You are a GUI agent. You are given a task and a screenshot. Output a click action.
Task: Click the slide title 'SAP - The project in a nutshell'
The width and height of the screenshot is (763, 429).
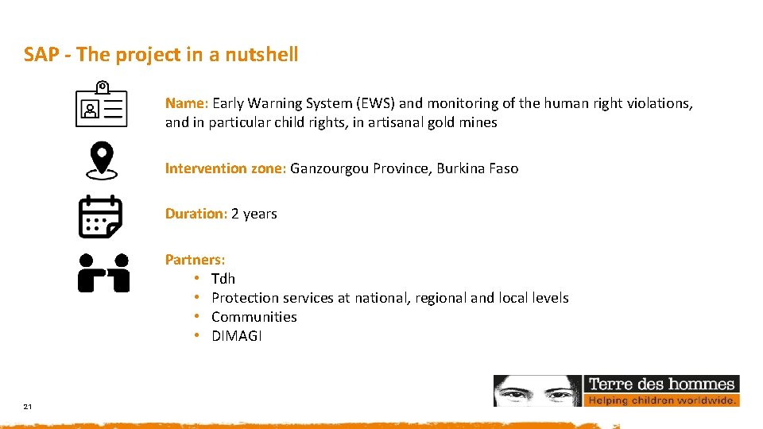(x=161, y=54)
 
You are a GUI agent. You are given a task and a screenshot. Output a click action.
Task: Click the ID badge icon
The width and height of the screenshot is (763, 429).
(x=101, y=105)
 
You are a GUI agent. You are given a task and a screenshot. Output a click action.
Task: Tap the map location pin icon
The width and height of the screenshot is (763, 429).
(x=101, y=160)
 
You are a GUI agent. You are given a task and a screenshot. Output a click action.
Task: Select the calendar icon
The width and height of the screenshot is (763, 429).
(x=100, y=216)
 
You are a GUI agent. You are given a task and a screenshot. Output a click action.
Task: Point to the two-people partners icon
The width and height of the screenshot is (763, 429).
(x=103, y=272)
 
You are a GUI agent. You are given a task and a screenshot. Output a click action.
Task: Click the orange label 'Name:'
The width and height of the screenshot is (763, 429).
(x=187, y=102)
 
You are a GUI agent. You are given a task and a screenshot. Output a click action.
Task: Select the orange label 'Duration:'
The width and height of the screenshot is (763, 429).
(x=196, y=213)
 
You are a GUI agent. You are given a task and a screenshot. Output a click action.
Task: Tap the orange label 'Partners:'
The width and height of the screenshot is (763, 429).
(x=195, y=259)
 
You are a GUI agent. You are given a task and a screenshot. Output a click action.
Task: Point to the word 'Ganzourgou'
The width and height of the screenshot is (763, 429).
(x=327, y=168)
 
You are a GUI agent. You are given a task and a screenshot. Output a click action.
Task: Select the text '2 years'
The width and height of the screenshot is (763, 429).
(x=254, y=213)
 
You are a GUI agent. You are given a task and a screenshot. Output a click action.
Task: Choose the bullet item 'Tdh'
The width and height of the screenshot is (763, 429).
(x=223, y=278)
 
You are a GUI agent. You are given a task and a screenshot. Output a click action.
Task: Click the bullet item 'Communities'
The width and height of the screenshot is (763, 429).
(x=254, y=316)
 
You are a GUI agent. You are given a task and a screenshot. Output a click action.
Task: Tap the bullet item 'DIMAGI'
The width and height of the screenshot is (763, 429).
(x=236, y=335)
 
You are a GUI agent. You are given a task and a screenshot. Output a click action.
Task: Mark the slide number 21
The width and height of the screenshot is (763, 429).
(x=28, y=407)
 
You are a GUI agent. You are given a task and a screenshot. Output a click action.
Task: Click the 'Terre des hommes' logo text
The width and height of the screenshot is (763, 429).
(x=661, y=384)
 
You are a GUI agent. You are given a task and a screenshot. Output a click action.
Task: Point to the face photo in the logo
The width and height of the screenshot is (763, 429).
(x=538, y=390)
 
